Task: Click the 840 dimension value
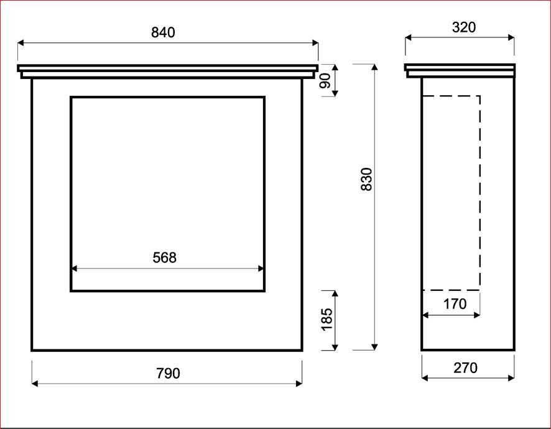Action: [x=163, y=32]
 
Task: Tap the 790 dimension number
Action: [x=168, y=373]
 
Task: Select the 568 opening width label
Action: [x=164, y=257]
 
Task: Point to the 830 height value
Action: [x=366, y=180]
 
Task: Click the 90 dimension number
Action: [x=326, y=80]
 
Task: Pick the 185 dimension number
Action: [x=327, y=320]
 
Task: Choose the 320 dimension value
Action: [x=464, y=27]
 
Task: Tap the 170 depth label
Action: [x=455, y=304]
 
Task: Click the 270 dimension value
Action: [x=465, y=368]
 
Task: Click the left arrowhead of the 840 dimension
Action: [x=21, y=43]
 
